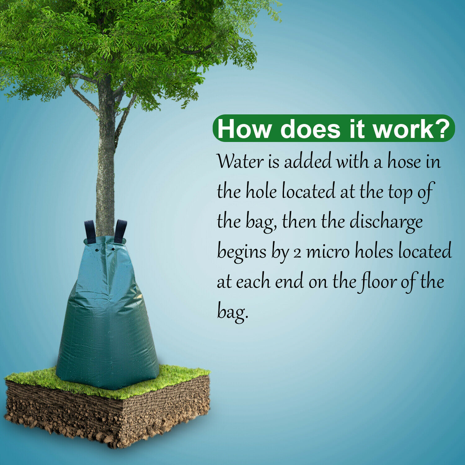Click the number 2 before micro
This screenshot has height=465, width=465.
(297, 253)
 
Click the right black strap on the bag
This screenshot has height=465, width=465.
(120, 231)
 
